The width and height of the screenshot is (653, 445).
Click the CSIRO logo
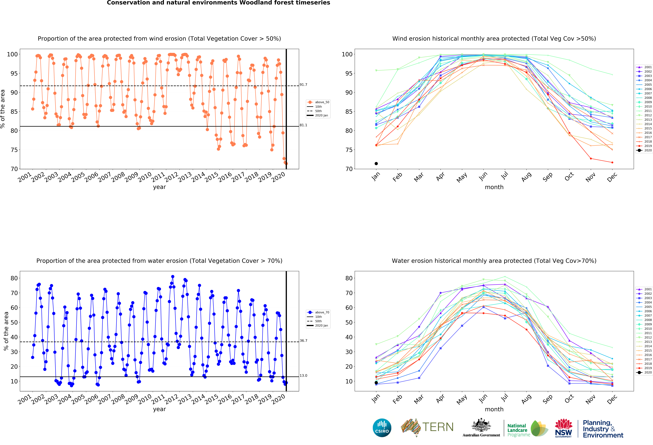[x=382, y=428]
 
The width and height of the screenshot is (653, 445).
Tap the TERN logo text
[x=438, y=427]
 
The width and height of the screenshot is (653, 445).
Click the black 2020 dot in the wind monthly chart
[x=376, y=163]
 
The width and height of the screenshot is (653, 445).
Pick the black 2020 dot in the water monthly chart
[x=376, y=383]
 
